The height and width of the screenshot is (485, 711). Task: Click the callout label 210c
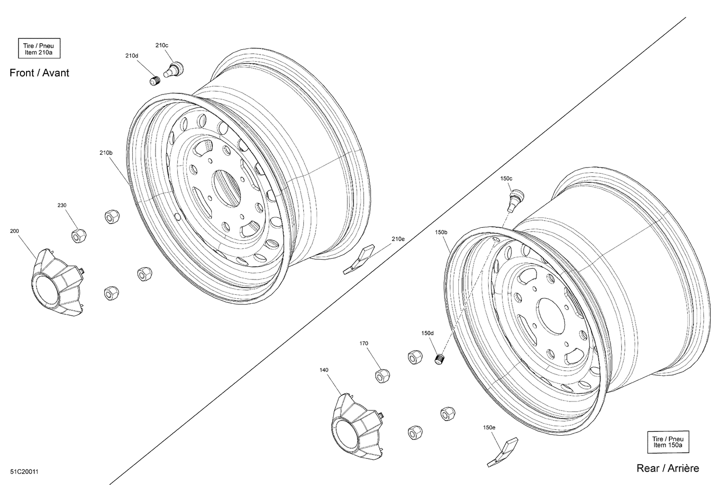coord(162,45)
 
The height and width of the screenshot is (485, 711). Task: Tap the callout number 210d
coord(132,56)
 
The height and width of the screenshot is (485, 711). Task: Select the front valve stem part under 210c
coord(174,68)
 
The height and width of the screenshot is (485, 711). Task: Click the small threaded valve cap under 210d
coord(155,81)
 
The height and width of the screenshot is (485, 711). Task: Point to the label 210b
coord(106,153)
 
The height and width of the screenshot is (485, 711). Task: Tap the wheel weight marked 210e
coord(359,259)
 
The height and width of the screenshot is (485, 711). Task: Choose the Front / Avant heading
coord(39,73)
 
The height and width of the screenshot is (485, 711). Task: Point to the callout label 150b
coord(441,232)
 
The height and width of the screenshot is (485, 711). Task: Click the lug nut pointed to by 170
coord(382,375)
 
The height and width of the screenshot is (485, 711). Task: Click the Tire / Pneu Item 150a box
coord(667,442)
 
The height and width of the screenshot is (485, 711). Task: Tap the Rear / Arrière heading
coord(667,468)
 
